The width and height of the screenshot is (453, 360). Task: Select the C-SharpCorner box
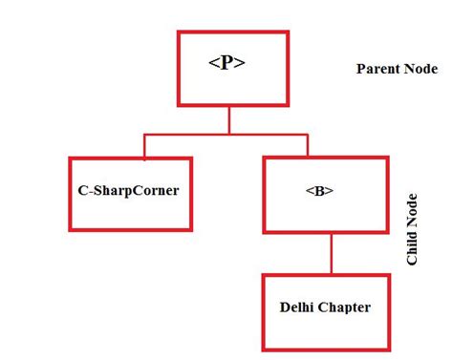[129, 193]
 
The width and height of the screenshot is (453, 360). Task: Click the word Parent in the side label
[377, 69]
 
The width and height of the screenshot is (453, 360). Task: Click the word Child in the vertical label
[413, 244]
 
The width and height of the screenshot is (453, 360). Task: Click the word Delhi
[297, 307]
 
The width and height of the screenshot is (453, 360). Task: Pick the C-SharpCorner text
[129, 190]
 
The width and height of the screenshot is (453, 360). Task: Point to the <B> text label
[319, 190]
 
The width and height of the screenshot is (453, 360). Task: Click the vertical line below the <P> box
[228, 121]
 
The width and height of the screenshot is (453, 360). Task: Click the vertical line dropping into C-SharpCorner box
[144, 146]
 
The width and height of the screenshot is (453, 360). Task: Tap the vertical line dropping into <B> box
[308, 146]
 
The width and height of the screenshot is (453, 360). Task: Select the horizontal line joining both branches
[226, 136]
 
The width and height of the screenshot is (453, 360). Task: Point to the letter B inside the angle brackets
[319, 190]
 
